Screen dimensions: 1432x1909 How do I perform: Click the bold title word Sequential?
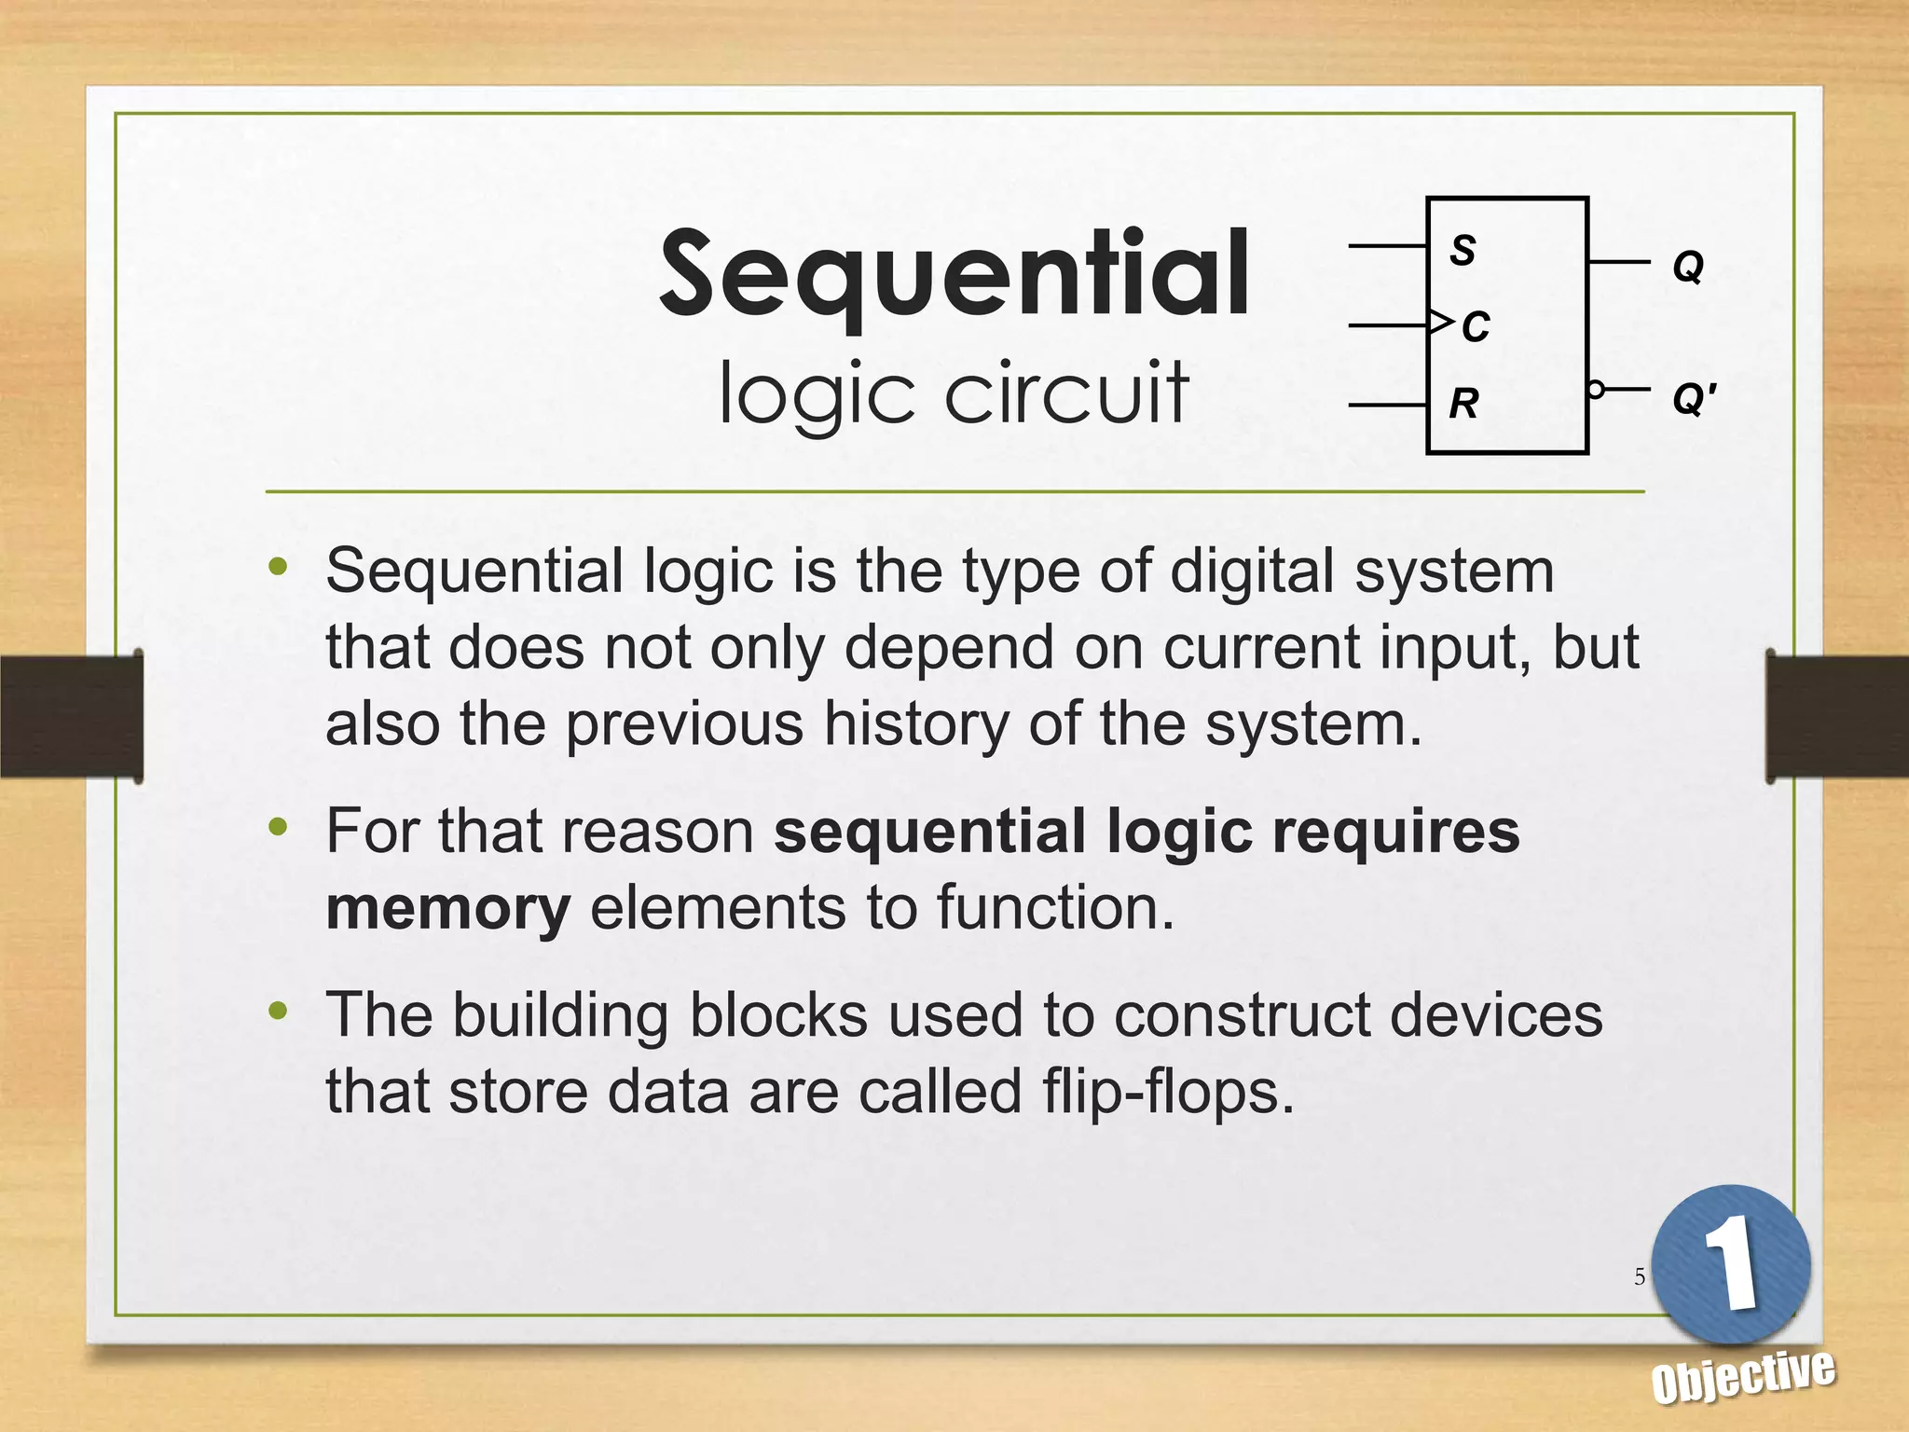pos(954,275)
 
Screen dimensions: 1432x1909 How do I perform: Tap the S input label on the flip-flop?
pos(1463,250)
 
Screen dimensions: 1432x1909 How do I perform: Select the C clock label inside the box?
pos(1476,327)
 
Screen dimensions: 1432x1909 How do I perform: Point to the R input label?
pos(1463,404)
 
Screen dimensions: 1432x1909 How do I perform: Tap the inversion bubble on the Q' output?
pos(1596,390)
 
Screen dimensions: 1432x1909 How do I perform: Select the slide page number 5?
pos(1640,1276)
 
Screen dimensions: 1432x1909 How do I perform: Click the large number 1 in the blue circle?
pos(1731,1263)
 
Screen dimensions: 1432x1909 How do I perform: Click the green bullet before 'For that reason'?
pos(278,826)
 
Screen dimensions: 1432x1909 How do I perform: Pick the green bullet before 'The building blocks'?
pos(278,1011)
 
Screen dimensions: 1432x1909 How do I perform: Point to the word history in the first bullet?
pos(916,724)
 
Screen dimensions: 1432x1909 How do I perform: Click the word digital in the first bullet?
pos(1252,571)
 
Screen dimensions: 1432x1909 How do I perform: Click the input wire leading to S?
pos(1387,246)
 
